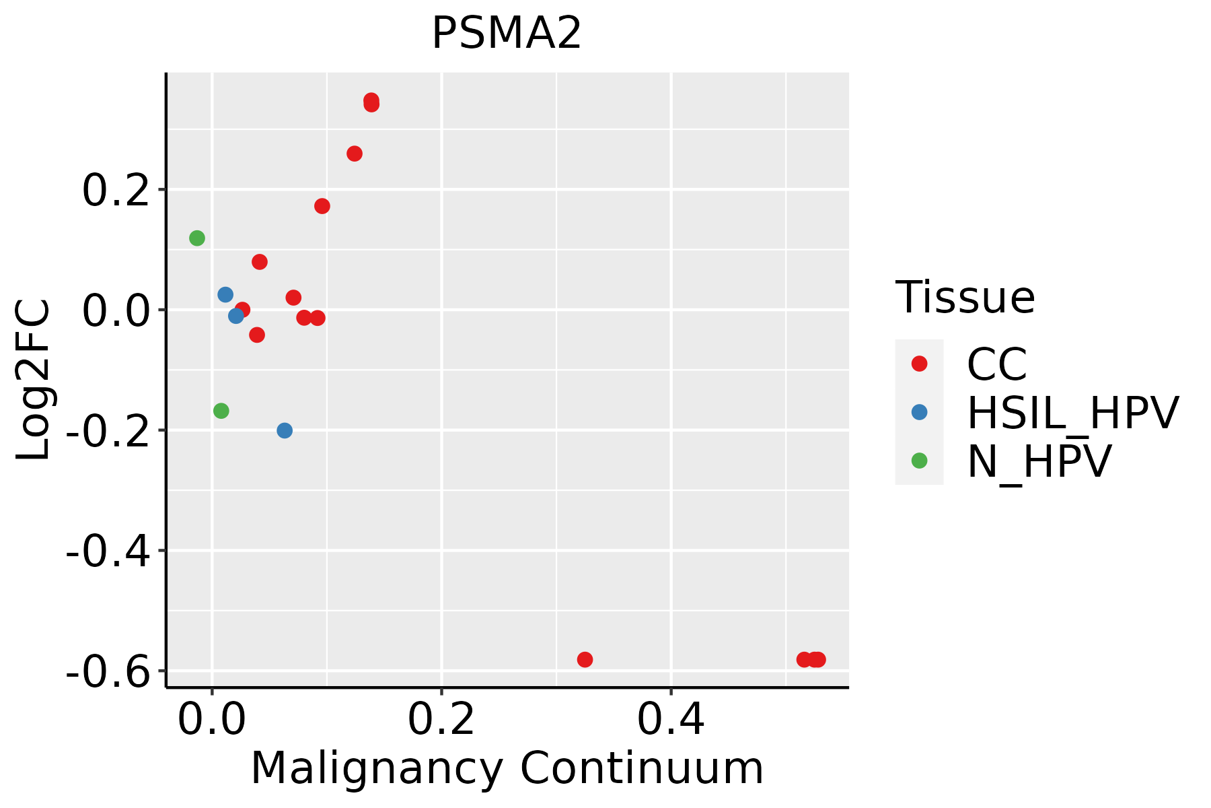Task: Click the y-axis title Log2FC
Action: [34, 380]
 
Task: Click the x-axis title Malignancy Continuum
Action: [507, 768]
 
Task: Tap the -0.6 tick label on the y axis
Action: [108, 671]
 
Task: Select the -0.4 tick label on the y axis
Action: [108, 551]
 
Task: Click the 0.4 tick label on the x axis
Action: [671, 720]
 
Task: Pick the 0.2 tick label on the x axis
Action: [441, 720]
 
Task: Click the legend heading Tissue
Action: [965, 297]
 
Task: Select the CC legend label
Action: [996, 364]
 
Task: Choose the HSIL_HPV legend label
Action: [1072, 413]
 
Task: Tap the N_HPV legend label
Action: [1039, 461]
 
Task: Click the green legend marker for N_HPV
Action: [919, 461]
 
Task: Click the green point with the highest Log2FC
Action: [197, 238]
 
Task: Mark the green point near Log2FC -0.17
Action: [221, 411]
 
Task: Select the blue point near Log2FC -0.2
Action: [285, 430]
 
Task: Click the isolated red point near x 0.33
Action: [585, 659]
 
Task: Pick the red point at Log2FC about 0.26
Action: [355, 154]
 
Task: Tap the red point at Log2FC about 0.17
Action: [322, 206]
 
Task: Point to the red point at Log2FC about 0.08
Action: [260, 262]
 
